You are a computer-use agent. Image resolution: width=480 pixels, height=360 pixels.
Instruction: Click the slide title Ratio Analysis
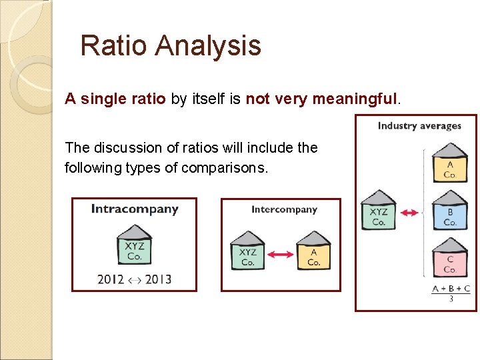(x=170, y=46)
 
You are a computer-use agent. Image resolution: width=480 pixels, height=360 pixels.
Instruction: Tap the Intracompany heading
(x=135, y=209)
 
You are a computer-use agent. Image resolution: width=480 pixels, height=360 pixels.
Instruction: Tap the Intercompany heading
(x=284, y=209)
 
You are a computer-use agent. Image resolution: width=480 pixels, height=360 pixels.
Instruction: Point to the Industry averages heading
(x=419, y=125)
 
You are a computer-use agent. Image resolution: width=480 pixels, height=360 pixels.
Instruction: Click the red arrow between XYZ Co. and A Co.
(x=281, y=254)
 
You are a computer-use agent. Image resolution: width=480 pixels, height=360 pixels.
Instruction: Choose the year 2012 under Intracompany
(x=111, y=279)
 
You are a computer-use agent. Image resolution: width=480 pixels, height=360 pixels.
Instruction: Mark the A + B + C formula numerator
(x=451, y=289)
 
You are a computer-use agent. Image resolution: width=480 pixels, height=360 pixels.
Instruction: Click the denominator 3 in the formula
(x=451, y=299)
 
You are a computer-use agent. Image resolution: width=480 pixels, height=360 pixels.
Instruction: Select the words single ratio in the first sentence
(x=123, y=99)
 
